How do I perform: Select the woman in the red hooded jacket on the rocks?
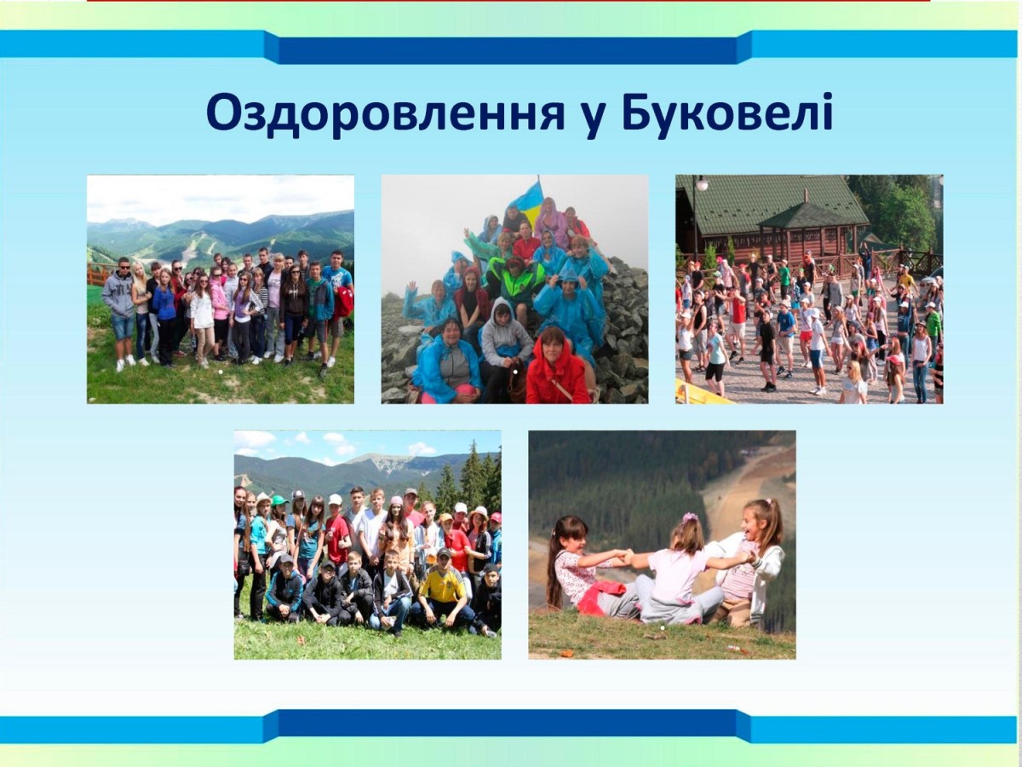click(556, 368)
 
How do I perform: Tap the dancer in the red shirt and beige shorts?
click(738, 326)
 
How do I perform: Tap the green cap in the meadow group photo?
click(281, 499)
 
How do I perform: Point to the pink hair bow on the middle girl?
click(689, 518)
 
